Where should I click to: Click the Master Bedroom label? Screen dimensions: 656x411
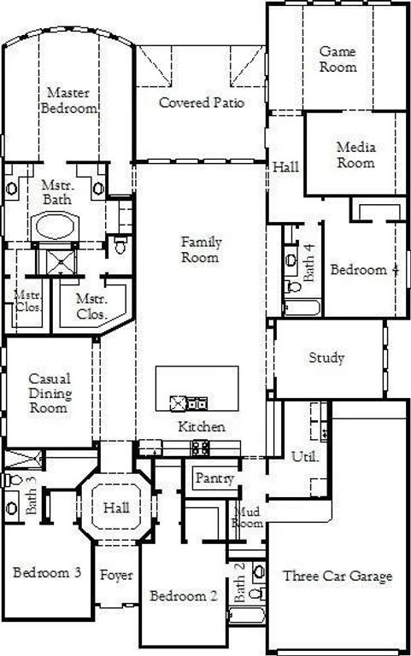tap(71, 100)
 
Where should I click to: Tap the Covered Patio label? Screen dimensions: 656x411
tap(202, 102)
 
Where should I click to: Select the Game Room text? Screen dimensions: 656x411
tap(338, 59)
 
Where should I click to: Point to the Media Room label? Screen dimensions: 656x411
tap(355, 155)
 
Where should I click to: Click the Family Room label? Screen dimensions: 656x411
tap(199, 249)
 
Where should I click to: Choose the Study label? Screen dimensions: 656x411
tap(326, 357)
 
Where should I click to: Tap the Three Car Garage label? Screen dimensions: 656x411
tap(338, 576)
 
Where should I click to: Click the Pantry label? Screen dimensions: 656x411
tap(214, 478)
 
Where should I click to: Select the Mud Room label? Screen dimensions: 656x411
tap(248, 517)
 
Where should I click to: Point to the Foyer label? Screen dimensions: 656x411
tap(116, 576)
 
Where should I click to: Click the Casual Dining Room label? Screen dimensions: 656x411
tap(50, 393)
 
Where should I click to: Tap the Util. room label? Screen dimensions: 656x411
tap(305, 456)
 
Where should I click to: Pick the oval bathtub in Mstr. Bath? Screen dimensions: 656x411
tap(56, 227)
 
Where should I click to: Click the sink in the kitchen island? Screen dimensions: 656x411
tap(180, 403)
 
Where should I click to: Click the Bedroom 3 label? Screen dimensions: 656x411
tap(47, 571)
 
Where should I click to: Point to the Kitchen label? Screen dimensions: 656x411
tap(202, 426)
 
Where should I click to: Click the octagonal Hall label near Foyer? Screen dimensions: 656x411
tap(116, 507)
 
